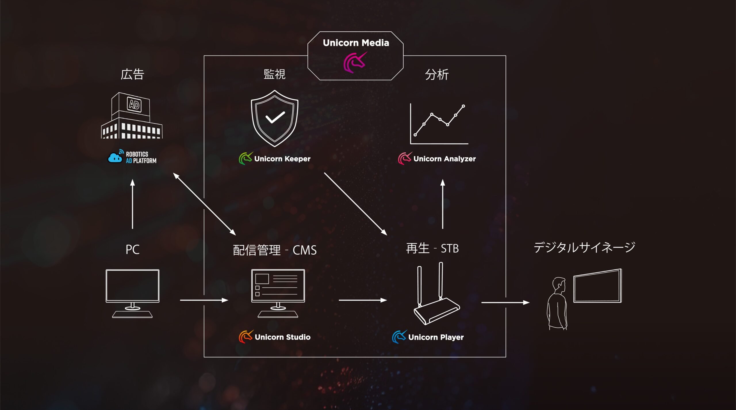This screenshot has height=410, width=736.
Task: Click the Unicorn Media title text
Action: point(356,43)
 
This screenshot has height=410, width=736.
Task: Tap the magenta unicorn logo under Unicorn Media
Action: point(354,62)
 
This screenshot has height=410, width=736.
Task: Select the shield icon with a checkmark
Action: point(275,118)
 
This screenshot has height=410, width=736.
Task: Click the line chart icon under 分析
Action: point(439,124)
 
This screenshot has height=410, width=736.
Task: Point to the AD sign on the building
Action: point(134,105)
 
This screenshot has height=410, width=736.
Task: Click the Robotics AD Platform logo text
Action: point(141,157)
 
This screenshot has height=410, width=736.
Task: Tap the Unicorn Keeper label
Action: point(282,159)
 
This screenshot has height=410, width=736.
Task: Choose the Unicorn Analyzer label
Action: point(444,159)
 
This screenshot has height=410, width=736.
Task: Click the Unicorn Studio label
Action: point(282,337)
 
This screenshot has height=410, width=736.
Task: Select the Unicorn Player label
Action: point(436,337)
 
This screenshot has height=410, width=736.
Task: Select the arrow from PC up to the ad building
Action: point(133,204)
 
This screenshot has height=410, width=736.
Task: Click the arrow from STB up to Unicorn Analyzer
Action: point(443,204)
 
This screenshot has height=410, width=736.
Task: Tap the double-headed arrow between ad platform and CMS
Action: point(204,204)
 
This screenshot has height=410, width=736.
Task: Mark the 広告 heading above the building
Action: point(132,74)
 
